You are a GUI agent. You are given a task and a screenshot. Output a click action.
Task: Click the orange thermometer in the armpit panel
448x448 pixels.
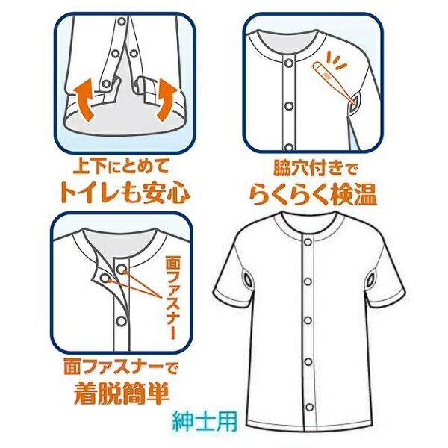pos(335,81)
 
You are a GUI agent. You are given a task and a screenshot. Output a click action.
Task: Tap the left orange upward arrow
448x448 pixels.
pos(84,99)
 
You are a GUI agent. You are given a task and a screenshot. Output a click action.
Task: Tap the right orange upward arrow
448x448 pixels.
pos(167,99)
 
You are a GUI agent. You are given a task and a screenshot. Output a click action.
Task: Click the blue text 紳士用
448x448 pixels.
pos(205,421)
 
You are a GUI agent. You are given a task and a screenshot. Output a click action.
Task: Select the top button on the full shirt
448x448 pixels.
pos(308,242)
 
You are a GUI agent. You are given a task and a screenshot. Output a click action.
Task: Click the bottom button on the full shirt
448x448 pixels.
pos(309,407)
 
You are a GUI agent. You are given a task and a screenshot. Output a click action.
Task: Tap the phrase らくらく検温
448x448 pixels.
pos(314,195)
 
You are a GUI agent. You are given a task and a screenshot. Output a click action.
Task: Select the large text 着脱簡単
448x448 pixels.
pos(122,393)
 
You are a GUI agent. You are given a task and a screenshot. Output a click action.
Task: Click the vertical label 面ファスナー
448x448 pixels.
pos(172,298)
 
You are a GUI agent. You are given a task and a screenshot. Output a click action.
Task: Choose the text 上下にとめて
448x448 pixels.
pos(121,167)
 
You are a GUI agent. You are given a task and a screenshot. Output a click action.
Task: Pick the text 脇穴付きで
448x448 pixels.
pos(315,169)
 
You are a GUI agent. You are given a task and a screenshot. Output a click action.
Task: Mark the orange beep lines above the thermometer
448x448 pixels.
pos(337,60)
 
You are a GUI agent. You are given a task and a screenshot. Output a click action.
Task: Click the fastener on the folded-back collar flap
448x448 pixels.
pos(105,277)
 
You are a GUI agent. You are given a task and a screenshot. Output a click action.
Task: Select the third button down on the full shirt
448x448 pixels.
pos(308,320)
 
